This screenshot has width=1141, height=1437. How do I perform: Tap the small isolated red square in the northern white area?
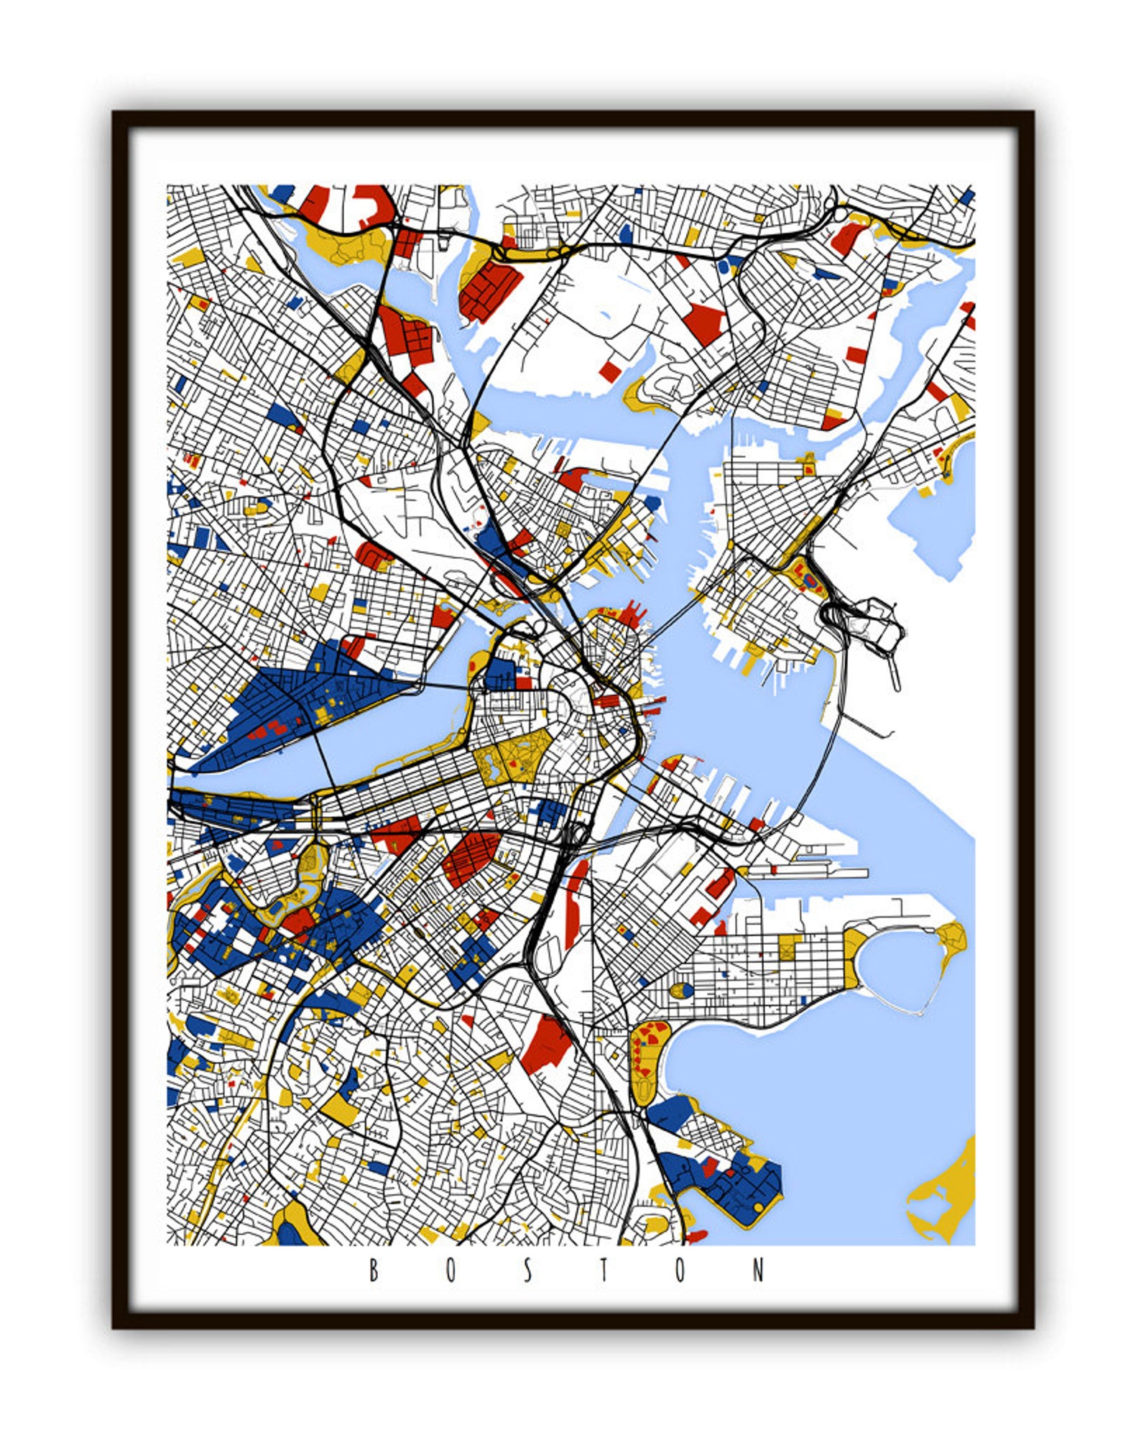(x=609, y=371)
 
